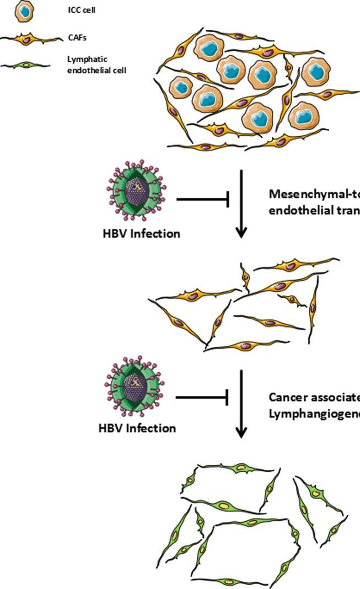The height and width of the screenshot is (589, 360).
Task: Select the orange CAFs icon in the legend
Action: tap(31, 39)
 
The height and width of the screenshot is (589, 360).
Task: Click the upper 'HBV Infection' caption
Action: tap(141, 233)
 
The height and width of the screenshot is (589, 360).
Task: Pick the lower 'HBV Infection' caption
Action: tap(137, 428)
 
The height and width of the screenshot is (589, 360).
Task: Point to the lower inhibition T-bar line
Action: tap(202, 397)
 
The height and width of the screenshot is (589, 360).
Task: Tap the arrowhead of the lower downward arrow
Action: tap(241, 432)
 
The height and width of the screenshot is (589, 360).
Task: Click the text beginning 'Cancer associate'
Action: tap(314, 397)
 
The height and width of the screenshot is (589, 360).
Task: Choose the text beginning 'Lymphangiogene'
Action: tap(314, 413)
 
